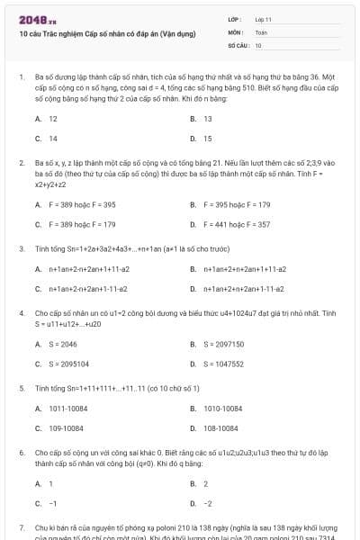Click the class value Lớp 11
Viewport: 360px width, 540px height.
(x=263, y=19)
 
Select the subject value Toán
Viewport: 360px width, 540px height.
(x=261, y=31)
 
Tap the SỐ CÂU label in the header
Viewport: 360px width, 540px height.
(x=238, y=44)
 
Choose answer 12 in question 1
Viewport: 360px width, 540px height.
(x=53, y=118)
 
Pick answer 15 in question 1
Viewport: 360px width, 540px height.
(x=208, y=139)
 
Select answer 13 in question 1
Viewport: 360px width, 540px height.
(x=208, y=118)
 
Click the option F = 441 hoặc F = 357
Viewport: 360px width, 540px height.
(x=236, y=224)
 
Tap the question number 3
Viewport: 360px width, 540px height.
(x=21, y=247)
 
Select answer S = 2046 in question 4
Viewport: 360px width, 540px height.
(x=62, y=344)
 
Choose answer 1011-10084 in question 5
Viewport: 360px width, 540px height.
(x=67, y=408)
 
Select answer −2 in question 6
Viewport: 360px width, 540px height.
(x=208, y=503)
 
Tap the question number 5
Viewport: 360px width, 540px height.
(x=21, y=387)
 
